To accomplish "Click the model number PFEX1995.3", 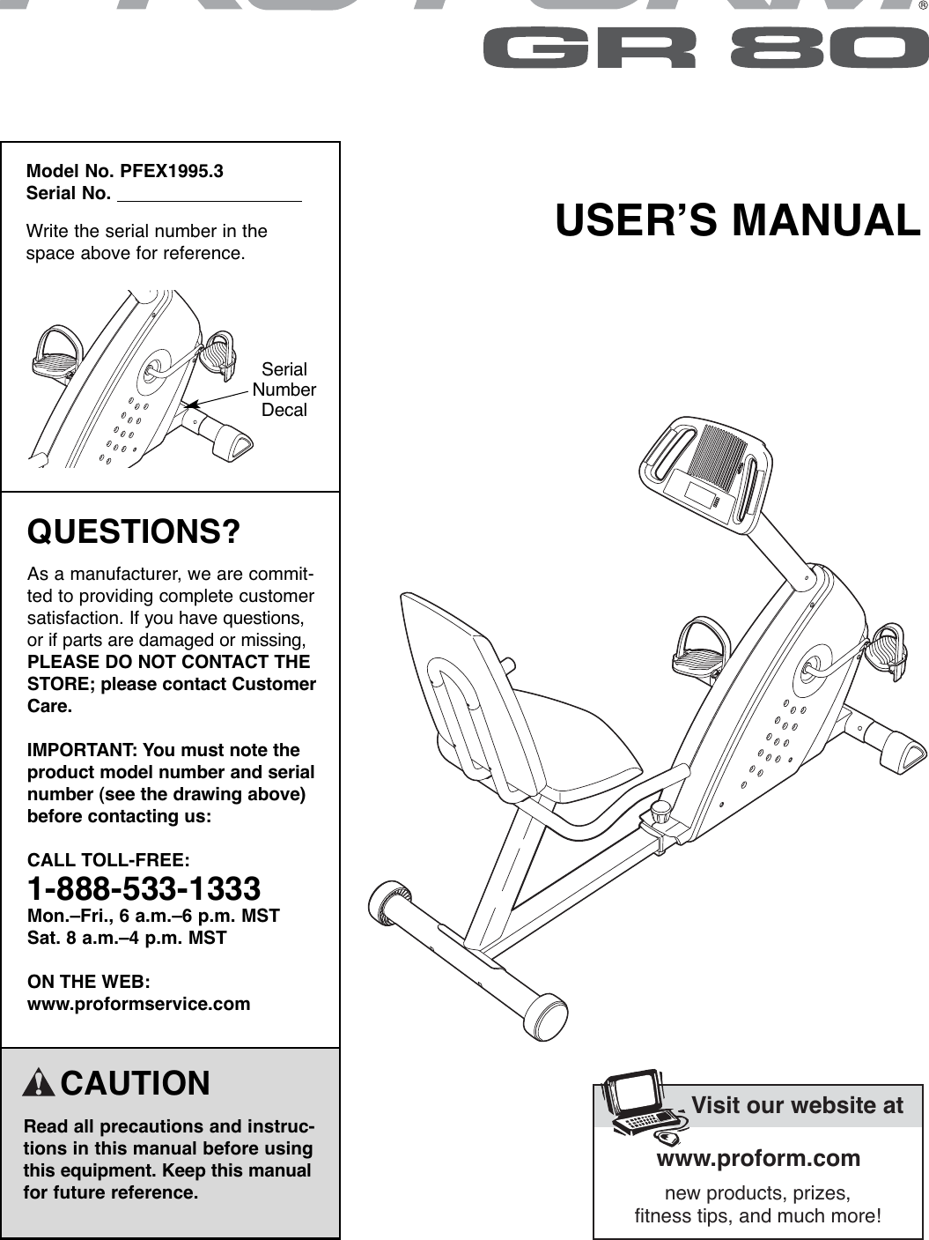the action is [x=172, y=171].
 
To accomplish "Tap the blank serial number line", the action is [x=210, y=194].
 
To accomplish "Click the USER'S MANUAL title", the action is [x=737, y=220].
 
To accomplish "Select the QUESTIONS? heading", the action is [x=134, y=532].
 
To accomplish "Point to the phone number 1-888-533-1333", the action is [x=144, y=887].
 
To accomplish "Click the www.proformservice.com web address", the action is [x=139, y=1004].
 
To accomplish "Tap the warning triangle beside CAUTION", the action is [x=40, y=1083].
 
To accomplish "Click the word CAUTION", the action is [x=136, y=1083].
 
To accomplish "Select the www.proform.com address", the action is [x=758, y=1157].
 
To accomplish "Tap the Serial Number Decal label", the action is [x=284, y=390].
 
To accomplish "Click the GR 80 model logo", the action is [x=702, y=49].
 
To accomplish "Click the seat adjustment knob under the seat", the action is [x=660, y=808].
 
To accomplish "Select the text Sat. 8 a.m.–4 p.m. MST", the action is [x=127, y=938].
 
